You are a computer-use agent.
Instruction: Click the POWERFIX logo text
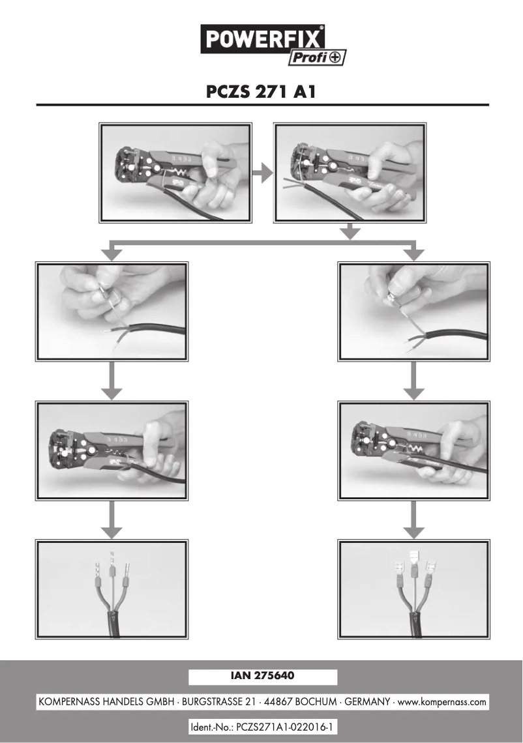pyautogui.click(x=264, y=40)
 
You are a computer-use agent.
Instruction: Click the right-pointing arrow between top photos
pyautogui.click(x=262, y=173)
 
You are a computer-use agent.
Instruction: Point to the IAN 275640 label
pyautogui.click(x=262, y=677)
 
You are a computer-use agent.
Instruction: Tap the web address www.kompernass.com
pyautogui.click(x=442, y=703)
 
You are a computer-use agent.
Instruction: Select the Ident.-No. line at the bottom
pyautogui.click(x=262, y=727)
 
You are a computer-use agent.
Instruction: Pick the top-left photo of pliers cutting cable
pyautogui.click(x=175, y=173)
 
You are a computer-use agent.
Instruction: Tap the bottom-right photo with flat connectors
pyautogui.click(x=413, y=589)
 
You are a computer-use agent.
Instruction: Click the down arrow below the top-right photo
pyautogui.click(x=351, y=231)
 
